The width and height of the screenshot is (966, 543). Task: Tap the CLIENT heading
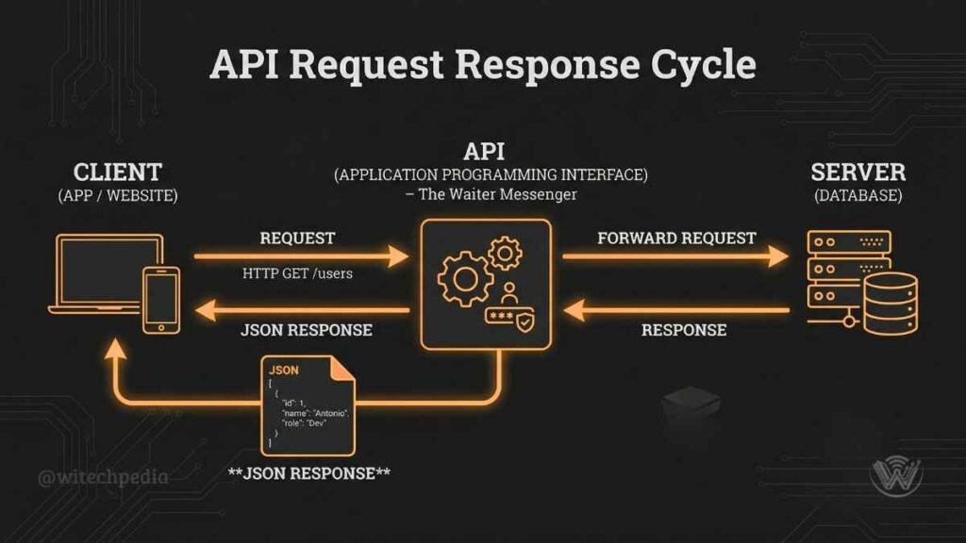click(x=118, y=173)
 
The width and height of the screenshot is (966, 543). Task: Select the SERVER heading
click(x=858, y=173)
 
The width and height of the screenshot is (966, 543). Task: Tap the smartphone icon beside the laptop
click(x=161, y=299)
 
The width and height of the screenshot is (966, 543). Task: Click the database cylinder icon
click(x=890, y=303)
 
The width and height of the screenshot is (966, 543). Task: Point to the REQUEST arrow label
click(x=297, y=238)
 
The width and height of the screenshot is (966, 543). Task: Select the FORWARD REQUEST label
click(x=676, y=238)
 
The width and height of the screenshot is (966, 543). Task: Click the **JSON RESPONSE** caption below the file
click(x=309, y=472)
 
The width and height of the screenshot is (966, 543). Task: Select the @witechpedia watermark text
click(x=104, y=477)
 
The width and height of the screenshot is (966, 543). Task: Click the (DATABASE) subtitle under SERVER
click(x=858, y=196)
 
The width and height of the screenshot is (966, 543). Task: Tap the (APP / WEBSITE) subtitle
click(x=118, y=196)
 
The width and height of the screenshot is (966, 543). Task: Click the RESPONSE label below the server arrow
click(x=684, y=330)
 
